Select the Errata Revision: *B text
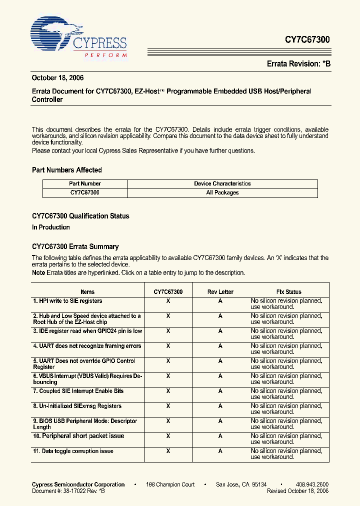coord(298,63)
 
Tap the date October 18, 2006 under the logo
coord(57,78)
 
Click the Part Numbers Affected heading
coord(66,170)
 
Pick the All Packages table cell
coord(222,192)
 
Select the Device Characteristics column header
coord(222,183)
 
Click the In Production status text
coord(50,227)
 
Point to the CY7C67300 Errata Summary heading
coord(75,246)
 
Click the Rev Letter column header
coord(220,291)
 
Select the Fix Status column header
coord(288,291)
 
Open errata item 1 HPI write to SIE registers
coord(67,301)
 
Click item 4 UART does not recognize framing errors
coord(87,346)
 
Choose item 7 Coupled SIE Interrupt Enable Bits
coord(78,391)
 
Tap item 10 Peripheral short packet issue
coord(78,436)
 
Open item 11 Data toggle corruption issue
coord(73,451)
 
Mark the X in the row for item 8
coord(168,406)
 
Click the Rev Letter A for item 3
coord(220,331)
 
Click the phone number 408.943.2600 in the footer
coord(312,484)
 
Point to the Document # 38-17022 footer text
coord(68,491)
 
